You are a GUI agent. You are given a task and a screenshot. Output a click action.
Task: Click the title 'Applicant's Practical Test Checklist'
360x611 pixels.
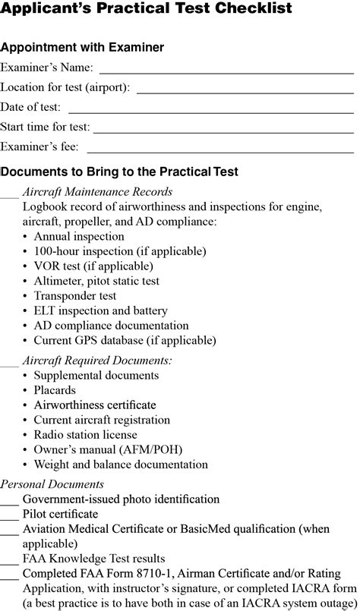(x=146, y=10)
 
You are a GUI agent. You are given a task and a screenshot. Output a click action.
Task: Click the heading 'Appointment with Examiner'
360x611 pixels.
(x=82, y=48)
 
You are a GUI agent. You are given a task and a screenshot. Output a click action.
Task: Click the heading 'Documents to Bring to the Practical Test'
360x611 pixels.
(x=119, y=172)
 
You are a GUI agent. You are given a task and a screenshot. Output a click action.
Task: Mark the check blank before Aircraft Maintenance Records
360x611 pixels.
(x=9, y=196)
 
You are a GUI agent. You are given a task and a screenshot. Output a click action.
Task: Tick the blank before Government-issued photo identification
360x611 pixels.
(x=9, y=503)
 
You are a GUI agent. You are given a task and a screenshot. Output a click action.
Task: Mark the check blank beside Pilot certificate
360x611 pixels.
(x=9, y=518)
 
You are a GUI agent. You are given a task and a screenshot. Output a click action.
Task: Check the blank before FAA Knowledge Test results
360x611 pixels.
(x=9, y=562)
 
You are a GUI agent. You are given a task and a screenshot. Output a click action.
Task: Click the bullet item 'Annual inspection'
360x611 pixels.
(x=79, y=236)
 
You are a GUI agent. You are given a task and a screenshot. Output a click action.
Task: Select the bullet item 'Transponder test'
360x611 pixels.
(x=75, y=295)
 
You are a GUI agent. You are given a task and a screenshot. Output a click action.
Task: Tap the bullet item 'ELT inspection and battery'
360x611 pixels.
(x=100, y=310)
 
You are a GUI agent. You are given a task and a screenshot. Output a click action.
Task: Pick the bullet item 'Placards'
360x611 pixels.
(x=55, y=390)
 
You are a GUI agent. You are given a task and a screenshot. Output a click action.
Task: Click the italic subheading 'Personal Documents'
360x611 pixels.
(x=52, y=483)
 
